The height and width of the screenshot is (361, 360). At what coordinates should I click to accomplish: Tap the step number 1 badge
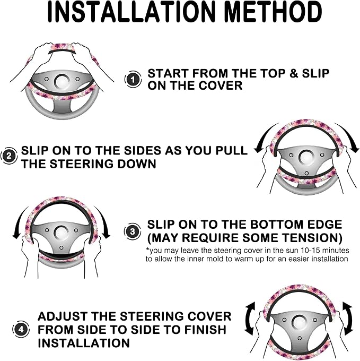coord(133,80)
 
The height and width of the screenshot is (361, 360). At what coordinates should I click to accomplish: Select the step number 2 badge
coord(8,156)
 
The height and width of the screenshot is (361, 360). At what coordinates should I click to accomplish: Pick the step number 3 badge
coord(133,231)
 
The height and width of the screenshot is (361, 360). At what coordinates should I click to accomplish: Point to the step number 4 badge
coord(21,330)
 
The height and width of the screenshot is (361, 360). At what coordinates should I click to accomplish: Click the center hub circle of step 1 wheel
coord(63,82)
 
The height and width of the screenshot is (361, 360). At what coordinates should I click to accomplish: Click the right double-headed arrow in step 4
coord(348,319)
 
